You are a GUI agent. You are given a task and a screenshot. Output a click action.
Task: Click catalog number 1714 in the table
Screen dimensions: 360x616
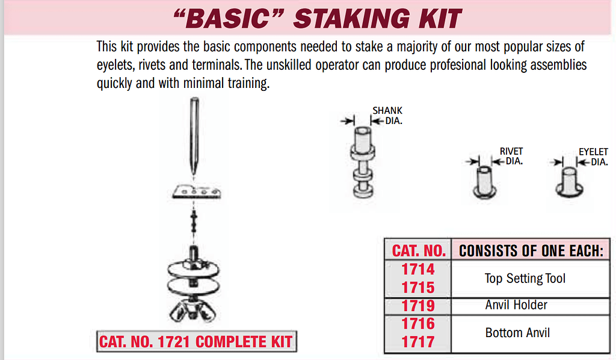(x=418, y=269)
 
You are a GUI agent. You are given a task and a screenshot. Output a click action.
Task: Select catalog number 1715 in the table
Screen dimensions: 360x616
(x=418, y=287)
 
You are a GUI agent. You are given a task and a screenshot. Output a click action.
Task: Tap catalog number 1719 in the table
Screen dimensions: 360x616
(x=418, y=305)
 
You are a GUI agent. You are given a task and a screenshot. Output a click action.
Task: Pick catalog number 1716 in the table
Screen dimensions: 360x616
(x=418, y=323)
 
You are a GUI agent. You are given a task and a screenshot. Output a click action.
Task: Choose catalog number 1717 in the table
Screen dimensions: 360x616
(x=418, y=341)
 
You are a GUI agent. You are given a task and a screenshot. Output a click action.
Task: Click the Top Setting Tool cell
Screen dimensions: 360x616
(x=525, y=278)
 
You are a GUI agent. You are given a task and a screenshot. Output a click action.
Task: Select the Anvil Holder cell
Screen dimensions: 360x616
(x=516, y=305)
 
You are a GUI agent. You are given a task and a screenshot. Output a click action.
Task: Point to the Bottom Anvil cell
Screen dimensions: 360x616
(x=517, y=332)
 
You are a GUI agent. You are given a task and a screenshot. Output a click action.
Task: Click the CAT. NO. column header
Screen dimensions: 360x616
(x=419, y=250)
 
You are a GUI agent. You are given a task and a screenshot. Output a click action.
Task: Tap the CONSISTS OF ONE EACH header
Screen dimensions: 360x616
(x=531, y=251)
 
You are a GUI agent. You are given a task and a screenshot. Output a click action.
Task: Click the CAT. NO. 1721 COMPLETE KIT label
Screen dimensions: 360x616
(x=196, y=342)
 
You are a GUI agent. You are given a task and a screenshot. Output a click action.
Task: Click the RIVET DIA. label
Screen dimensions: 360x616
(x=511, y=157)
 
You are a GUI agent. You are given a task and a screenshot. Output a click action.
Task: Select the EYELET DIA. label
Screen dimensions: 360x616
(x=594, y=157)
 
